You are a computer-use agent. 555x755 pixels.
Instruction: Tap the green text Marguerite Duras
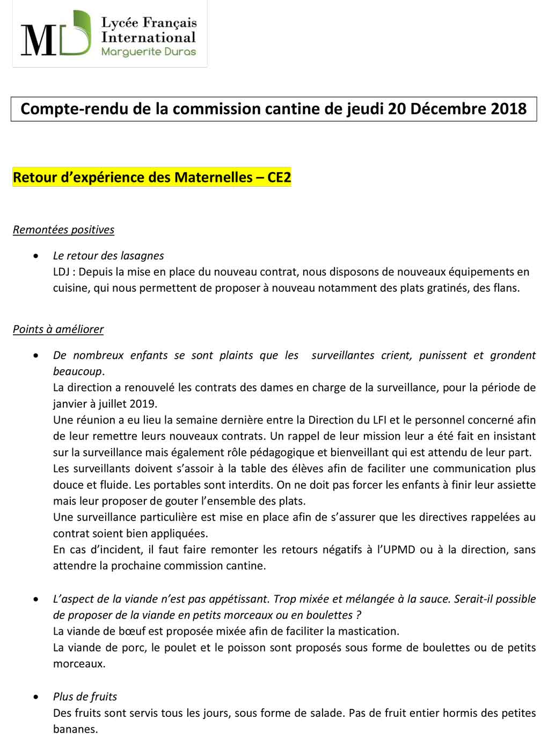[x=149, y=52]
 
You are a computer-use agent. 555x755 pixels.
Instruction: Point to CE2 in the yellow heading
[x=279, y=177]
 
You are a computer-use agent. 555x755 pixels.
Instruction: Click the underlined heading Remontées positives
[x=63, y=230]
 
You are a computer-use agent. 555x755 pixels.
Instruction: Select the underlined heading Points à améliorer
[x=58, y=329]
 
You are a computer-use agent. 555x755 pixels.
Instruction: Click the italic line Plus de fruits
[x=85, y=697]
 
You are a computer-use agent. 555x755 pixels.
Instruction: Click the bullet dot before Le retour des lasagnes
[x=36, y=256]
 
